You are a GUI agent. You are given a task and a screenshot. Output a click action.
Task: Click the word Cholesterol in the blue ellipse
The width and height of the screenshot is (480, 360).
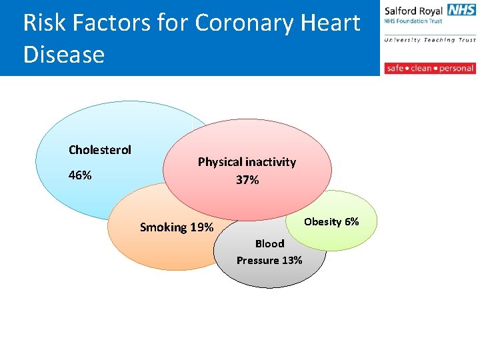pyautogui.click(x=100, y=149)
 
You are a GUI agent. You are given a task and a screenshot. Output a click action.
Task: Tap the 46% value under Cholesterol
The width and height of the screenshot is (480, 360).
pyautogui.click(x=81, y=175)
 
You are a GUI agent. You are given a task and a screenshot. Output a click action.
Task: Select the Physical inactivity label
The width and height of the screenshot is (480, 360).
pyautogui.click(x=247, y=162)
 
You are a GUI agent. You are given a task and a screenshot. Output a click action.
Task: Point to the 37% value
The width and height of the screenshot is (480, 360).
pyautogui.click(x=247, y=180)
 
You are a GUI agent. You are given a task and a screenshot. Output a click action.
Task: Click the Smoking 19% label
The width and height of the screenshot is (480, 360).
pyautogui.click(x=177, y=227)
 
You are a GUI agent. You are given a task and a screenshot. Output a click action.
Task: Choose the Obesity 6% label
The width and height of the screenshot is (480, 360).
pyautogui.click(x=331, y=221)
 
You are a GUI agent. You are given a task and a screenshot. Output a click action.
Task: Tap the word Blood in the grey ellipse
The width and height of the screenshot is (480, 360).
pyautogui.click(x=269, y=243)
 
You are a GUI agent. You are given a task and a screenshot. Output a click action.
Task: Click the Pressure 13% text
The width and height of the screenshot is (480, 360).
pyautogui.click(x=269, y=260)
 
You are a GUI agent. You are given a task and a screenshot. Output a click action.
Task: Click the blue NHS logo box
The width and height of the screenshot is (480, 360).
pyautogui.click(x=461, y=10)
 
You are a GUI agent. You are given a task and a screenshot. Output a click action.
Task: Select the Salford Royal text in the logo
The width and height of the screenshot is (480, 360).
pyautogui.click(x=413, y=11)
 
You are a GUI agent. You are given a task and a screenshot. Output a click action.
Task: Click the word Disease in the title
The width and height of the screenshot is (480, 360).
pyautogui.click(x=64, y=54)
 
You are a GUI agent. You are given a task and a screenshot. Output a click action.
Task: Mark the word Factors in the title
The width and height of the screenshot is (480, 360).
pyautogui.click(x=114, y=23)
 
